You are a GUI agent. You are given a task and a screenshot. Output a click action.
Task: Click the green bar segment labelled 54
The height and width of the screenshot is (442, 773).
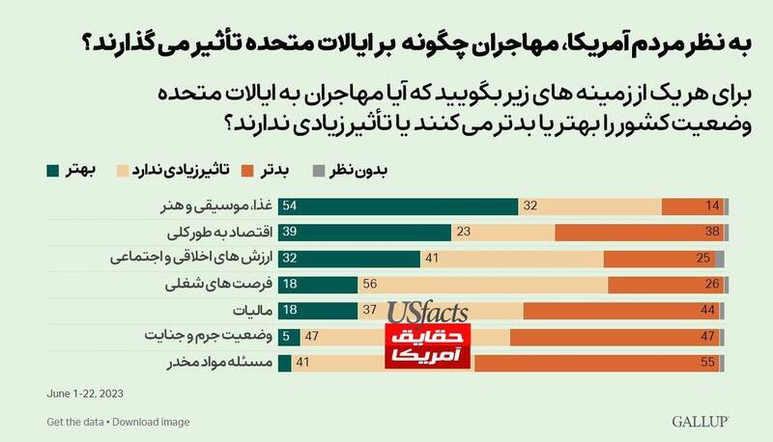pos(399,206)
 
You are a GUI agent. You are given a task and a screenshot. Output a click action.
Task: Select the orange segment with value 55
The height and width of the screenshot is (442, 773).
pos(599,363)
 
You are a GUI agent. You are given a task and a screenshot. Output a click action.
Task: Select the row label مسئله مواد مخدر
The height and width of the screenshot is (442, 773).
pos(224,363)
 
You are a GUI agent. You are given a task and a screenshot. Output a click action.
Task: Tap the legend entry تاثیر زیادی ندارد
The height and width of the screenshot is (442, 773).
pos(175,171)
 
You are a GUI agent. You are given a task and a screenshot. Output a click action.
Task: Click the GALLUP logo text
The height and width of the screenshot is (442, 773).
pos(700,422)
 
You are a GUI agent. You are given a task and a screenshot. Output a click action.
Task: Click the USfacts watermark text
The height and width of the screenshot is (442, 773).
pos(428,313)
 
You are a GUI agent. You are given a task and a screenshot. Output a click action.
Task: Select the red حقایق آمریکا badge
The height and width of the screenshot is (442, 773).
pos(428,348)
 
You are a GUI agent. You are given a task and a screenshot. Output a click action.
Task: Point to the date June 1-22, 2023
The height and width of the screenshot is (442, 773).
pos(85,394)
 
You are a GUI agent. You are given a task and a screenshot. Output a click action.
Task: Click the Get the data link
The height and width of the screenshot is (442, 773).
pos(74,422)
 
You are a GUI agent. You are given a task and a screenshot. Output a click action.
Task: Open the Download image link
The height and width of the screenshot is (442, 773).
pos(150,422)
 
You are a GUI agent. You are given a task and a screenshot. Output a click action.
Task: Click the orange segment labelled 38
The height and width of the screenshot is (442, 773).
pos(640,232)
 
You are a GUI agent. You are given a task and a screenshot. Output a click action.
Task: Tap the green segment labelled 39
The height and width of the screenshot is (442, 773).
pos(365,232)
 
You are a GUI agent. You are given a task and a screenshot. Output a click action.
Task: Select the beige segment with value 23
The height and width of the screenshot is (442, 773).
pos(503,232)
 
